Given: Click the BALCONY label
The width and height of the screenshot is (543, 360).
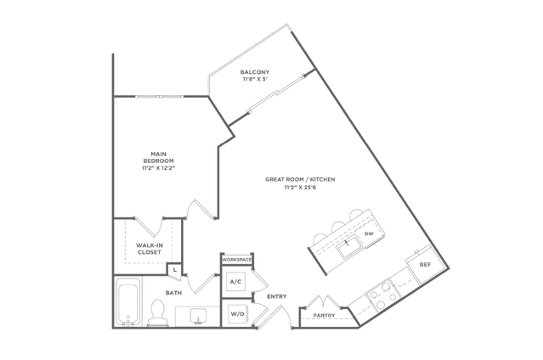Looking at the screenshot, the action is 255,72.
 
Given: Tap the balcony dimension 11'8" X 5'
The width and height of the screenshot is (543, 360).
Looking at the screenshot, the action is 255,79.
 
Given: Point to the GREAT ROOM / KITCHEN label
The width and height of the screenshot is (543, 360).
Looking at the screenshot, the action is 300,179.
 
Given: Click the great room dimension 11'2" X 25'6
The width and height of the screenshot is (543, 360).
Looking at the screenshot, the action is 300,188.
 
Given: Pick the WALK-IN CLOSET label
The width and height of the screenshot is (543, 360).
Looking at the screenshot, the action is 150,249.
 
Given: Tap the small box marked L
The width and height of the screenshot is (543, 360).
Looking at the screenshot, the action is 175,269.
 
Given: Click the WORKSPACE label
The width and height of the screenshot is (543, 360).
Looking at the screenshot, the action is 237,260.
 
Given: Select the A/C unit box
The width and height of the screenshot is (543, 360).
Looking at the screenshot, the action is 236,282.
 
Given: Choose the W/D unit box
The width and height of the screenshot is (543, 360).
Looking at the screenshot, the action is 238,314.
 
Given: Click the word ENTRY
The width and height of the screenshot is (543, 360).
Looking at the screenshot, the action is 277,296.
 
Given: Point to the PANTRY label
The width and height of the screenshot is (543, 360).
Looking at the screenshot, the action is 324,315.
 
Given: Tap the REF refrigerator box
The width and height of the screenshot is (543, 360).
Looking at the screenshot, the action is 425,264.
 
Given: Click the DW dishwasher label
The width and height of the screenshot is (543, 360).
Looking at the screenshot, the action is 369,233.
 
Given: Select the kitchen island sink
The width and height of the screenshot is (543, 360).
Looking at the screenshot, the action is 350,248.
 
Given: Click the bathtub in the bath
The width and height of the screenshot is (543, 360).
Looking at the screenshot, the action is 128,302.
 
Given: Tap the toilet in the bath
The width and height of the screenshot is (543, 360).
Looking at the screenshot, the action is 158,313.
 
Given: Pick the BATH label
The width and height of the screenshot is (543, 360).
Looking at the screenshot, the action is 173,293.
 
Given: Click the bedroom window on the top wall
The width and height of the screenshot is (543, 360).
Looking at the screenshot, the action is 160,96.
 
